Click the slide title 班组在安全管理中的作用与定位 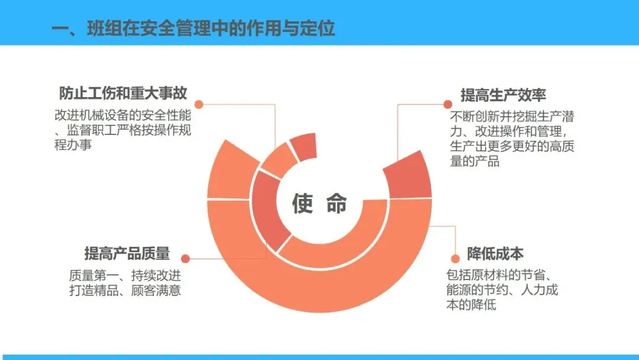[x=211, y=28]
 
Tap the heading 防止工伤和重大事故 [x=123, y=93]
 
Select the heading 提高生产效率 [x=504, y=95]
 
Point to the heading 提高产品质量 [x=127, y=253]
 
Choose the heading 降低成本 [x=495, y=253]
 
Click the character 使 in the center [x=302, y=203]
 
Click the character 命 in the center [x=337, y=203]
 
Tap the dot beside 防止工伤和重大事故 [x=199, y=104]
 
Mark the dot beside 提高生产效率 [x=447, y=104]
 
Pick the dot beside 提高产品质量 [x=185, y=259]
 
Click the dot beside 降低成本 [x=455, y=259]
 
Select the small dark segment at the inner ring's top [x=304, y=146]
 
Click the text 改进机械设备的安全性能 [x=122, y=115]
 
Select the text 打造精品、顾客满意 [x=125, y=290]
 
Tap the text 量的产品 [x=475, y=161]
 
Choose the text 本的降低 [x=471, y=304]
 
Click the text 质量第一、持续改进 [x=125, y=275]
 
